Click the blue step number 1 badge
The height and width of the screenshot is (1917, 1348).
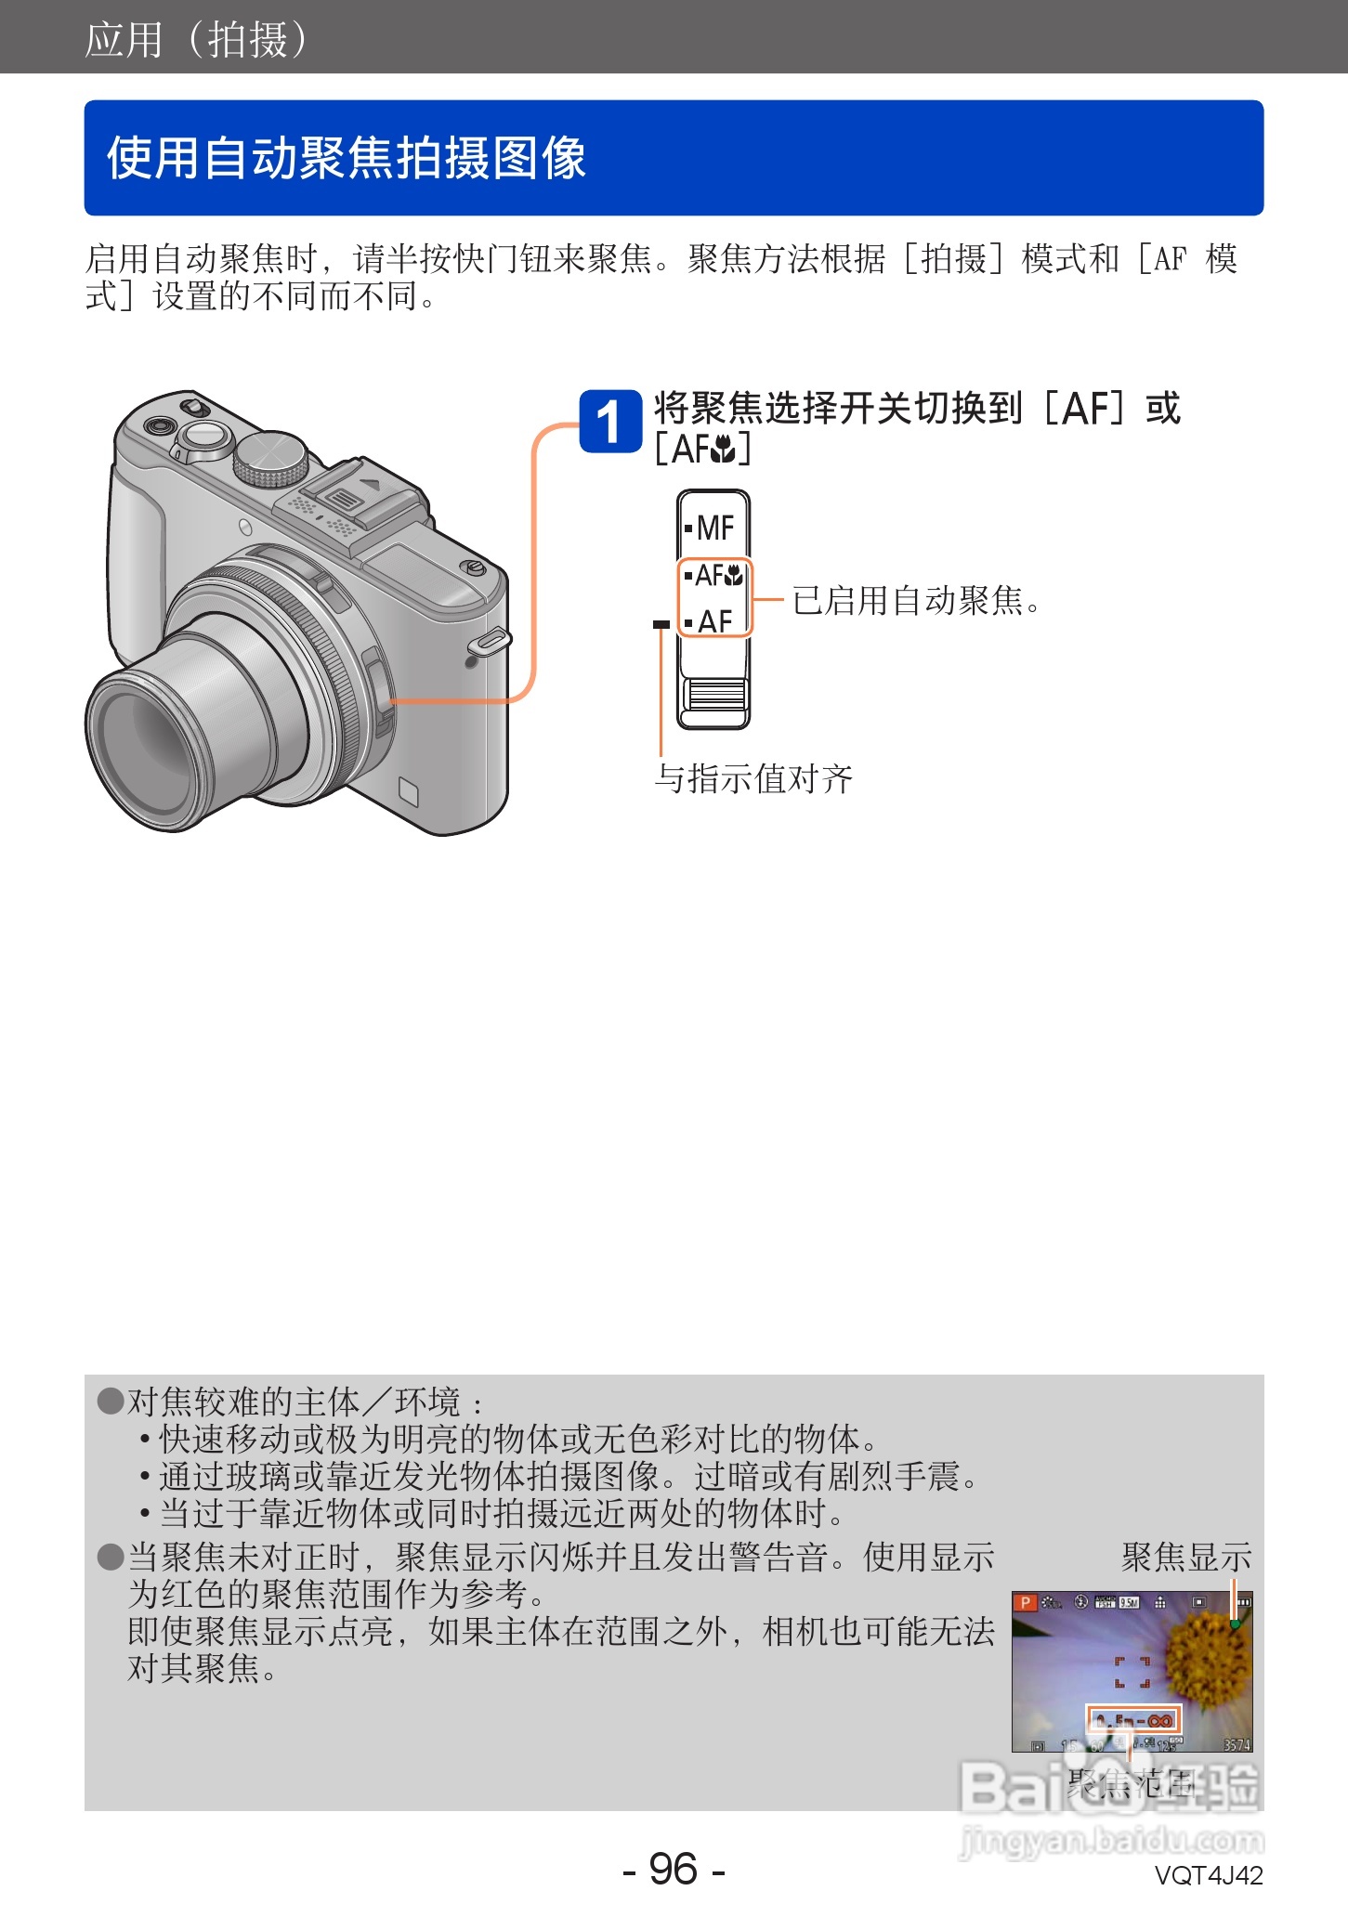(x=609, y=422)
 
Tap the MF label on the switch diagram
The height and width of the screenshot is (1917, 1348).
(x=714, y=528)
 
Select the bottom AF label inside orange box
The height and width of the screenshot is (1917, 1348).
(x=714, y=620)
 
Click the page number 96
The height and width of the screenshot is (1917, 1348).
(x=674, y=1868)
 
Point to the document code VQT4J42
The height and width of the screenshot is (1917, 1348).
(x=1208, y=1875)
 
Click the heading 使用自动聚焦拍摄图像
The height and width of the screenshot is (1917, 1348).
(x=346, y=157)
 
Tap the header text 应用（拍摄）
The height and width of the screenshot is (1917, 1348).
(x=196, y=40)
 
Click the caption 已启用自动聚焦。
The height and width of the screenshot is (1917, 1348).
(x=916, y=601)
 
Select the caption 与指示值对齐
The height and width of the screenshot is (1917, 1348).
(x=753, y=778)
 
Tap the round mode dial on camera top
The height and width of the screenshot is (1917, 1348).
(x=270, y=457)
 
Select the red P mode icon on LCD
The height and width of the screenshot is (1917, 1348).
(x=1025, y=1602)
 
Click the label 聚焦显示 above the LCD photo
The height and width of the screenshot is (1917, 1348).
(x=1185, y=1558)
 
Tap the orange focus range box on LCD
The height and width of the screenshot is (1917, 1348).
(x=1132, y=1719)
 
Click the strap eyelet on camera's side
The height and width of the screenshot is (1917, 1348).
(x=490, y=641)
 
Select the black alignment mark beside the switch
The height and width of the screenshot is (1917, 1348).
(x=661, y=624)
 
